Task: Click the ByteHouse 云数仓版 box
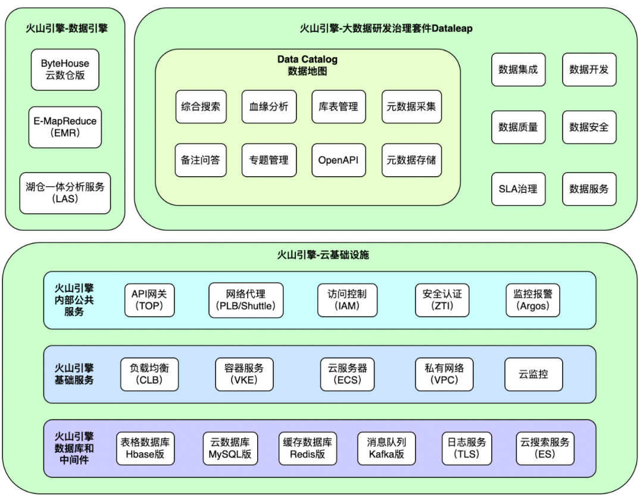(65, 70)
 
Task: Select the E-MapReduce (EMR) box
(65, 127)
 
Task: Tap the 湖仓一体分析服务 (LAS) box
(65, 193)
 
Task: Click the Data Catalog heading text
(308, 60)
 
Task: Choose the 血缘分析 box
(269, 107)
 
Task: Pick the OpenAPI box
(338, 160)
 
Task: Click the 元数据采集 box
(411, 107)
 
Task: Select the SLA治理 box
(519, 189)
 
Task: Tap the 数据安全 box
(589, 127)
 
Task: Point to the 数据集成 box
(519, 70)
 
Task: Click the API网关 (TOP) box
(149, 300)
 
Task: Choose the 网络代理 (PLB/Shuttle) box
(246, 300)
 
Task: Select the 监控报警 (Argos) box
(533, 300)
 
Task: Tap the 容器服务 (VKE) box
(244, 374)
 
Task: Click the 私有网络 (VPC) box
(444, 374)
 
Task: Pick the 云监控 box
(533, 374)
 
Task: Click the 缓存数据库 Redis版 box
(308, 448)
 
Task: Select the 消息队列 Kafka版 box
(386, 448)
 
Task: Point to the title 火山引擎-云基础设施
(323, 255)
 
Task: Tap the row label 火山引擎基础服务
(74, 374)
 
